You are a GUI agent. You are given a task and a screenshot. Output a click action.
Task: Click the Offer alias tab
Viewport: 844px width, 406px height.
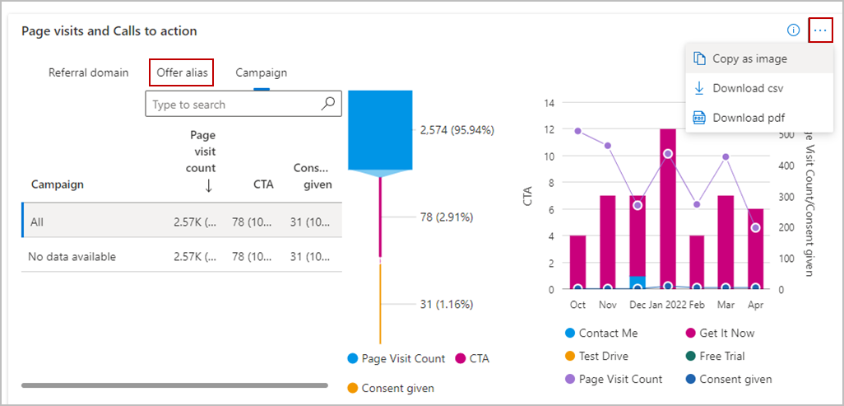[x=181, y=72]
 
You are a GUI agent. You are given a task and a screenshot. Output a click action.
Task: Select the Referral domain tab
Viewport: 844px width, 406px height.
[x=88, y=72]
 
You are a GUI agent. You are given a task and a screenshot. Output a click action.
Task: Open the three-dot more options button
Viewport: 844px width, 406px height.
[x=820, y=30]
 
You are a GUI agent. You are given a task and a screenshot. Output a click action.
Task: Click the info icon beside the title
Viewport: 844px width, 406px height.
[x=793, y=30]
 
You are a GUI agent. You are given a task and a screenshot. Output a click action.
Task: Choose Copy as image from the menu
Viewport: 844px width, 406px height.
[x=749, y=58]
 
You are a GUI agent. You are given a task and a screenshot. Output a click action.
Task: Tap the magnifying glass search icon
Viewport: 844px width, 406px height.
[x=328, y=104]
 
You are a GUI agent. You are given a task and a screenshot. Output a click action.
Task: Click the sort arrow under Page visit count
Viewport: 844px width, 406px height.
[x=208, y=185]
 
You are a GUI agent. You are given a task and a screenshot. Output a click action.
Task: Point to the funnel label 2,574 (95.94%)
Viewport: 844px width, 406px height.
[x=457, y=130]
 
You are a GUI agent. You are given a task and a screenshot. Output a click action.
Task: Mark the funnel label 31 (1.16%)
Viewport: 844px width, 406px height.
[x=447, y=304]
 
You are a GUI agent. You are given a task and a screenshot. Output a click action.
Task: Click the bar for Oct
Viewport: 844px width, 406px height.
[x=577, y=262]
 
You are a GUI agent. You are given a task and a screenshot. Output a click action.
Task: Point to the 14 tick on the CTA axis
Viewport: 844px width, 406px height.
[x=550, y=103]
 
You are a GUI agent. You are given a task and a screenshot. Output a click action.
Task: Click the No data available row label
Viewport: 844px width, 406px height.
[x=72, y=257]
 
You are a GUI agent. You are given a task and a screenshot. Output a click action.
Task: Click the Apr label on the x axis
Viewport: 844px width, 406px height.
[x=756, y=304]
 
